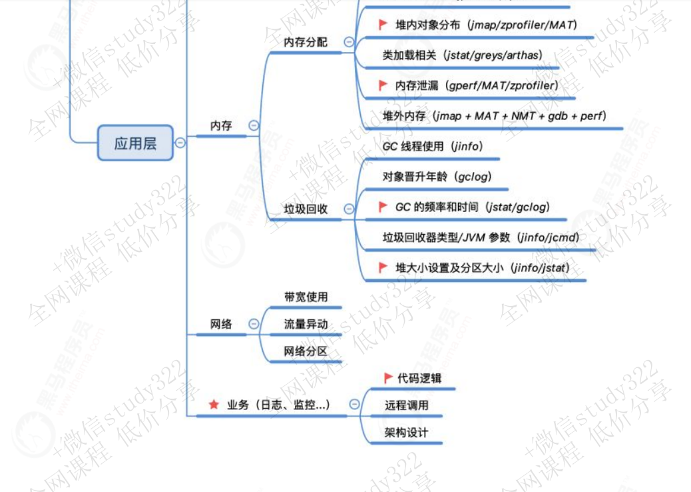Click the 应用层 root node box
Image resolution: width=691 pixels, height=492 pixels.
135,143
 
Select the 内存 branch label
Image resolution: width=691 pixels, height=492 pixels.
221,125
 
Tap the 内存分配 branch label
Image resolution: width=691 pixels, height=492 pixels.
306,42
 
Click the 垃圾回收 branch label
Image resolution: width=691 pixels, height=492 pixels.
306,209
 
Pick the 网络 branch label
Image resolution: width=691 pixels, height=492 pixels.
221,324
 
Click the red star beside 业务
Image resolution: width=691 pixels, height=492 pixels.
214,404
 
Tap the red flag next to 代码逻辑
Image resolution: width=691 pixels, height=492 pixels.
389,378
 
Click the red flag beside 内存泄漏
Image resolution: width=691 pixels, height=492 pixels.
383,85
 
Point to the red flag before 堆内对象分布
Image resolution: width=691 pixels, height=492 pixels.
383,25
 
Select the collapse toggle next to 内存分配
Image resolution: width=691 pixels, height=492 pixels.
349,42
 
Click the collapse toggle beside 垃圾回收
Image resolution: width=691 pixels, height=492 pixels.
349,209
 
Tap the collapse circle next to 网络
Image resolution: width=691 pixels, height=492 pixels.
254,324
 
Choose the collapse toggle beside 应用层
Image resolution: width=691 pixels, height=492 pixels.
180,142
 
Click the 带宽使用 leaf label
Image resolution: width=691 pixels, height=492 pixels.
306,297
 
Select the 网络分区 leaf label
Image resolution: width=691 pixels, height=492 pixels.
306,351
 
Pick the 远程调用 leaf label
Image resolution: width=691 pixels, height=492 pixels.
406,405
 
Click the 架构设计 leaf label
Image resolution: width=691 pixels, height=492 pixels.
406,432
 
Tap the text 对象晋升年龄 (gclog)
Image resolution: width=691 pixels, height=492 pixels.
437,177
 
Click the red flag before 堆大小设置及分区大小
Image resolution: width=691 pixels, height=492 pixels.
383,267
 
